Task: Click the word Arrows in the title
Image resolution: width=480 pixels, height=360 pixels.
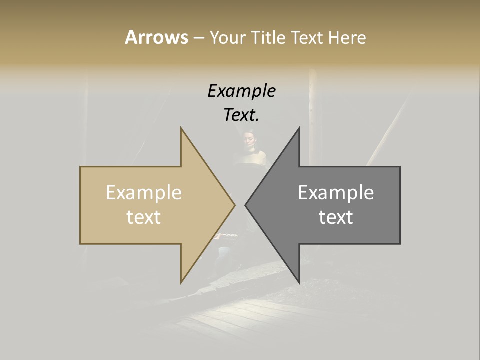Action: pos(156,37)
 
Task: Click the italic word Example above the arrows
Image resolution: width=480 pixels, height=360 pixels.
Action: pos(241,91)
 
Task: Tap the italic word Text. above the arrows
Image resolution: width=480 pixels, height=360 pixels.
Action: pos(241,115)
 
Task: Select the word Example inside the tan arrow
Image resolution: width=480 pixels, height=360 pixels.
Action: pos(143,193)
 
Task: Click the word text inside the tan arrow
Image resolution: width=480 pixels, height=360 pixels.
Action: pos(143,217)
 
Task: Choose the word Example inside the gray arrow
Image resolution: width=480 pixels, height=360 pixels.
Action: pos(336,193)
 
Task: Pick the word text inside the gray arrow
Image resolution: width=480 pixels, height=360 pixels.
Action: pos(336,217)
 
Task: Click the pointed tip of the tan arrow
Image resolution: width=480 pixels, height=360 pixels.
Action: pos(234,205)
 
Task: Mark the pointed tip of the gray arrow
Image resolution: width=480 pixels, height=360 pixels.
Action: pos(246,205)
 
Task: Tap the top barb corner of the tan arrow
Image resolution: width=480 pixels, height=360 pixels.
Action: pos(181,128)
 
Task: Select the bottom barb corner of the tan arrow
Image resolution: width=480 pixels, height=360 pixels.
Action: pos(181,282)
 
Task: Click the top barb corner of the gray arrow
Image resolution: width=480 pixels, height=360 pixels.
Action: pos(299,128)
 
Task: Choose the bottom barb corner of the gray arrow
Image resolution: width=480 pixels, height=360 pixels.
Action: pos(299,282)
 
